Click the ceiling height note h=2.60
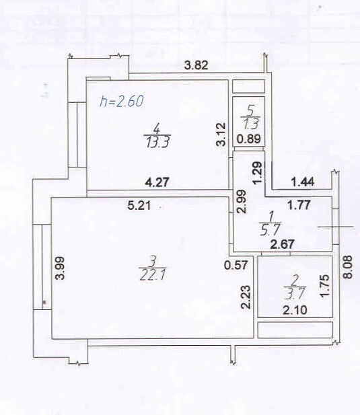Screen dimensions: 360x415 tap(122, 101)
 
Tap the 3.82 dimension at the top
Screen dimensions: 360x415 tap(196, 65)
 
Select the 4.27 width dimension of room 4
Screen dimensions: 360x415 tap(157, 182)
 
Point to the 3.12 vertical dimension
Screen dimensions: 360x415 tap(221, 135)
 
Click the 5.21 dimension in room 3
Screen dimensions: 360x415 tap(139, 205)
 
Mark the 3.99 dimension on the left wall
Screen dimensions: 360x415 tap(60, 268)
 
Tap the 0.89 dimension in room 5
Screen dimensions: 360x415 tap(249, 139)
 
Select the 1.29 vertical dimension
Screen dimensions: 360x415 tap(257, 173)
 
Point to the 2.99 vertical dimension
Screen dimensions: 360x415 tap(242, 202)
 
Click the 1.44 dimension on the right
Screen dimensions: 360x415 tap(303, 182)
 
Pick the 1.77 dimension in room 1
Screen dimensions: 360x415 tap(299, 205)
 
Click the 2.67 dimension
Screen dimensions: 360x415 tap(282, 244)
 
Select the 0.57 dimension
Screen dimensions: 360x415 tap(236, 265)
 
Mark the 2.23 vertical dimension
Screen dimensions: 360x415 tap(246, 297)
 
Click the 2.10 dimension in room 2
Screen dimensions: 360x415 tap(295, 310)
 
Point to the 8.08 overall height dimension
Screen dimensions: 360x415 tap(348, 267)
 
